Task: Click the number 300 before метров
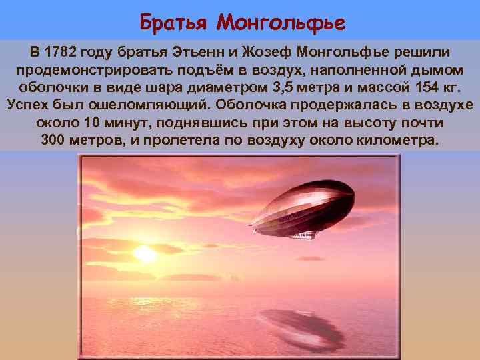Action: click(x=54, y=141)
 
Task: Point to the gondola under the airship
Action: click(x=301, y=235)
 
